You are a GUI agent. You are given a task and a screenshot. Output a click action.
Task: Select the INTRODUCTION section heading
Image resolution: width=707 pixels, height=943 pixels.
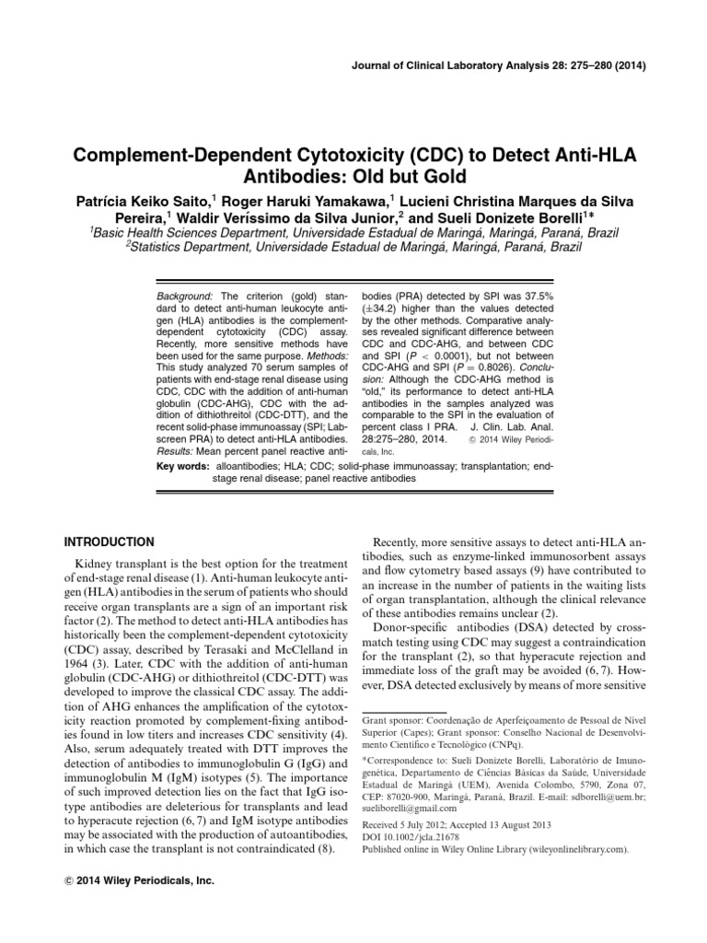point(108,542)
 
